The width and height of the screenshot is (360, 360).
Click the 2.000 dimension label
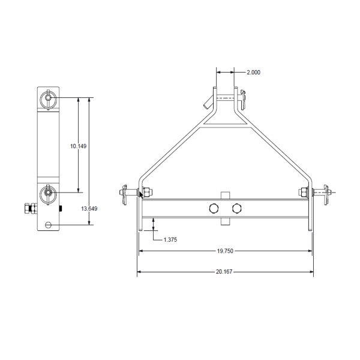(253, 72)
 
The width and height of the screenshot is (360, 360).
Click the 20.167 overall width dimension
(225, 272)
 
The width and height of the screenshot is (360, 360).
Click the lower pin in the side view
(48, 193)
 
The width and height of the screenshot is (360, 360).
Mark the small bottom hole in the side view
(49, 226)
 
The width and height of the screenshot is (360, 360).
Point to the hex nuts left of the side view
(28, 208)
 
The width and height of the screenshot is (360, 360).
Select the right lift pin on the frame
(325, 193)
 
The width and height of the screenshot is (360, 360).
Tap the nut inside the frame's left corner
(148, 193)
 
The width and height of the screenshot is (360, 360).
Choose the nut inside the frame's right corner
(303, 193)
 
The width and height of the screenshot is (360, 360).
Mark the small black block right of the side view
(62, 209)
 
